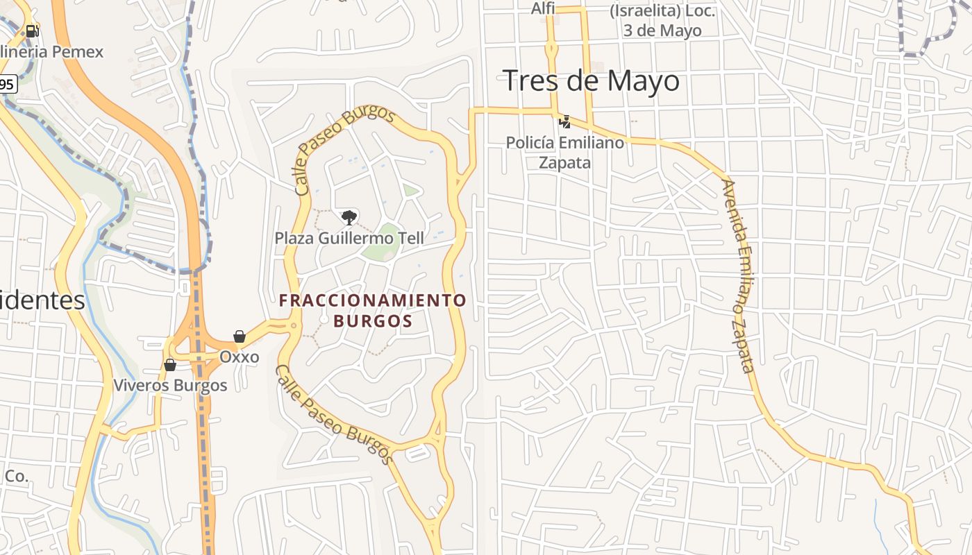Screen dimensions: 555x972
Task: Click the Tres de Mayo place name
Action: click(x=591, y=80)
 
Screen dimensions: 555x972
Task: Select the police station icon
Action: click(x=565, y=122)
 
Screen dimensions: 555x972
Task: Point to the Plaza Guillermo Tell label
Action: click(x=349, y=238)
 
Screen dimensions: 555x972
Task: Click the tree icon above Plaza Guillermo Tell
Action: click(x=349, y=218)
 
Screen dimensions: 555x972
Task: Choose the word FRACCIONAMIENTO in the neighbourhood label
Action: click(x=373, y=300)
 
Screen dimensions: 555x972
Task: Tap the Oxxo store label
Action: click(x=239, y=357)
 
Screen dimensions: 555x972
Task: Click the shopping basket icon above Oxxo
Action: click(x=240, y=336)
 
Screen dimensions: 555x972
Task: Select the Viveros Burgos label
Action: click(x=170, y=386)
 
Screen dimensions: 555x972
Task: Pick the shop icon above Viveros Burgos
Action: click(x=169, y=365)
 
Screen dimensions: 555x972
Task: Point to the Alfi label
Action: click(x=542, y=8)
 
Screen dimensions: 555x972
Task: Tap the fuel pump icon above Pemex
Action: click(x=31, y=31)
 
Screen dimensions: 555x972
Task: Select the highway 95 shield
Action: click(x=6, y=85)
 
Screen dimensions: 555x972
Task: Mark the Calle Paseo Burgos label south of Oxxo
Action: click(x=334, y=414)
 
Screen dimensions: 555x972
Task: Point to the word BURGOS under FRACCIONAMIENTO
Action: click(x=373, y=321)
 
